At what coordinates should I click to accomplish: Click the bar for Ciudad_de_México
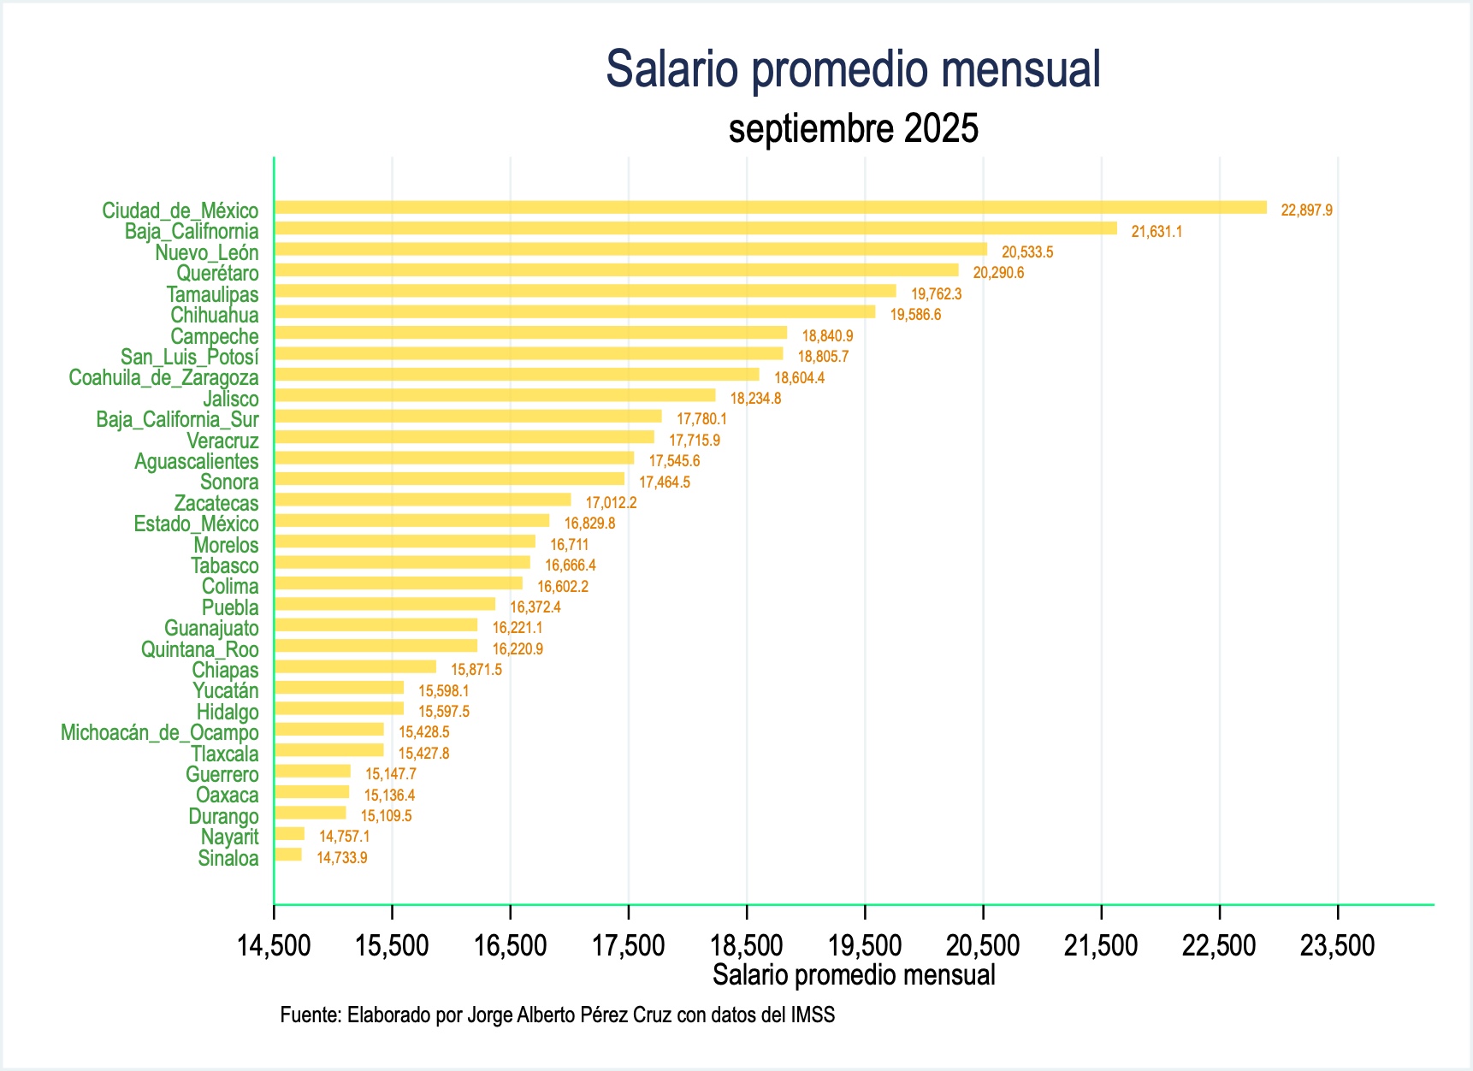click(x=770, y=208)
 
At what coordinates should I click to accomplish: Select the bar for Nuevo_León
click(x=630, y=250)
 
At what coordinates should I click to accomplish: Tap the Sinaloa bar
click(x=288, y=855)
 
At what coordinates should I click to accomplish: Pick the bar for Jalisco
click(x=494, y=395)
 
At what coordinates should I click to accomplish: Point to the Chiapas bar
click(x=355, y=667)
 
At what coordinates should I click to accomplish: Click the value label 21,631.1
click(x=1157, y=232)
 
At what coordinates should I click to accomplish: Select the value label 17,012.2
click(x=611, y=503)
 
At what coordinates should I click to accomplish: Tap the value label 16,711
click(x=569, y=545)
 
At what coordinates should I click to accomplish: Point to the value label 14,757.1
click(x=344, y=837)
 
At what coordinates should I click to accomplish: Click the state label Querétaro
click(x=217, y=274)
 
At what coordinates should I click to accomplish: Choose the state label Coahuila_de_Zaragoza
click(x=163, y=378)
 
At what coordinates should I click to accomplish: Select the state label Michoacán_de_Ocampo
click(x=159, y=733)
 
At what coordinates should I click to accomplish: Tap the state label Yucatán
click(x=225, y=691)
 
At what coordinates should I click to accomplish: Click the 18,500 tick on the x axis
click(x=747, y=946)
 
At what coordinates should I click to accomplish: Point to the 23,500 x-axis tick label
click(x=1337, y=946)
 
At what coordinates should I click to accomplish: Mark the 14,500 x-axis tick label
click(x=274, y=946)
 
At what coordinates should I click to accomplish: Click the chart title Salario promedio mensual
click(x=853, y=69)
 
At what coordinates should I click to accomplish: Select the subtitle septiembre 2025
click(x=853, y=129)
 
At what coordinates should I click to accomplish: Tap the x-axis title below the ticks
click(x=853, y=975)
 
